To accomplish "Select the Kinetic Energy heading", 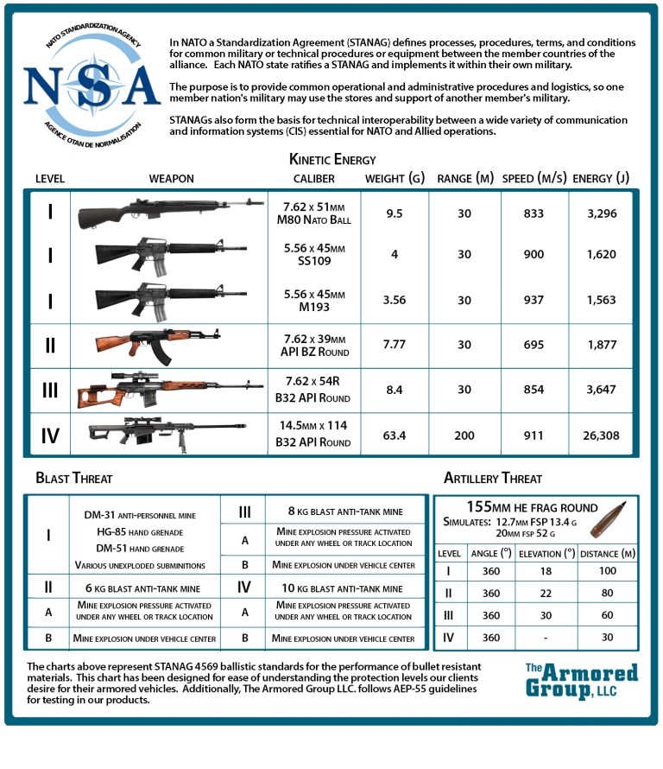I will tap(331, 160).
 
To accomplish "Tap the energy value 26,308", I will tap(601, 435).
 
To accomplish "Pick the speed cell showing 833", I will tap(534, 213).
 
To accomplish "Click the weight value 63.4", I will tap(394, 435).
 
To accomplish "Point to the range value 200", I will tap(464, 435).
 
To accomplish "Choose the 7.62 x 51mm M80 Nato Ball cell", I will tap(317, 213).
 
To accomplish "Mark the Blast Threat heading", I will tap(74, 478).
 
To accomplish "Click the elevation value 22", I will tap(545, 594).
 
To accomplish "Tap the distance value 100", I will tap(607, 571).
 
